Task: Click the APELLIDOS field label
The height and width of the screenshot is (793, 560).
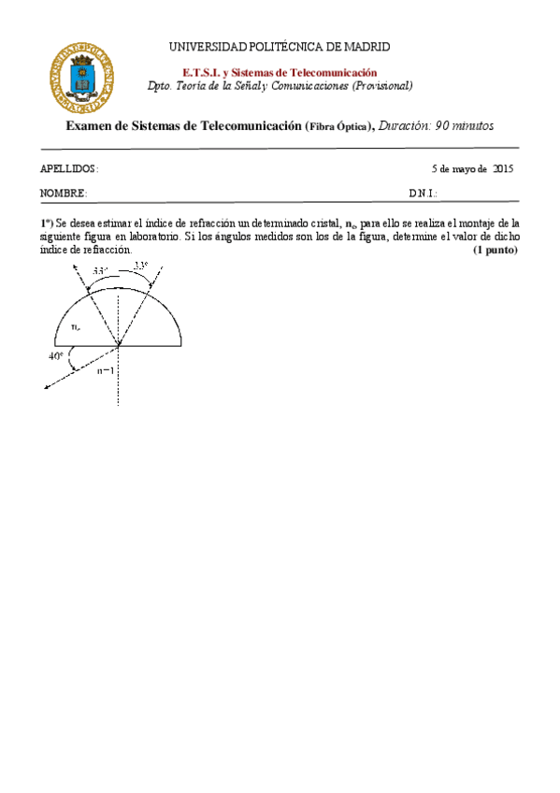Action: pos(67,169)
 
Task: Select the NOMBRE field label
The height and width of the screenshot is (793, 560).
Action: pos(63,194)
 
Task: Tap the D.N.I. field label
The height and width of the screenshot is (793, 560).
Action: pos(423,194)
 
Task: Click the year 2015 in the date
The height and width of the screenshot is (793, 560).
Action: pos(503,169)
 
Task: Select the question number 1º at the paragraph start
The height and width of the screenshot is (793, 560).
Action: pos(45,224)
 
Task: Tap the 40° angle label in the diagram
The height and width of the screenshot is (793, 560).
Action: pos(56,356)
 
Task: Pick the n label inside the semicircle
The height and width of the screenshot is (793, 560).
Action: pos(77,326)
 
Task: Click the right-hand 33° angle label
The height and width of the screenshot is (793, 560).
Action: pos(140,267)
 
